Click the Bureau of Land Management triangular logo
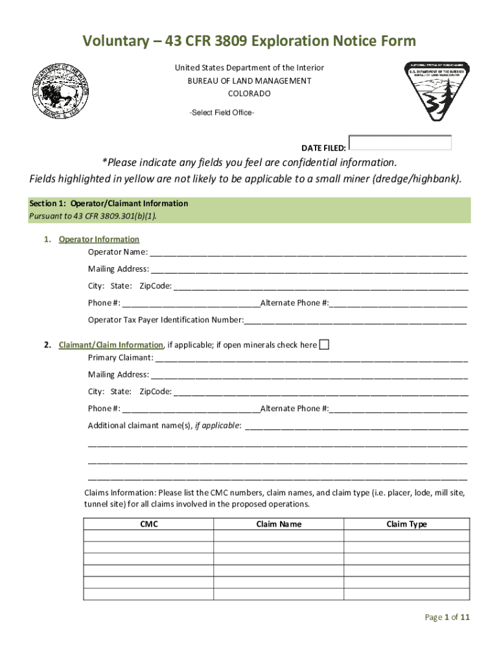coord(437,91)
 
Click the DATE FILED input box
coord(400,143)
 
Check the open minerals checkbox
coord(324,344)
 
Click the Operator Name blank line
coord(308,253)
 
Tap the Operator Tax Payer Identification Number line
coord(355,320)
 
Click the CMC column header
coord(148,524)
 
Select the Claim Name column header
coord(279,524)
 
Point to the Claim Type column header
coord(406,524)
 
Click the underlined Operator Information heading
coord(99,239)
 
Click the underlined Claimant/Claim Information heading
coord(111,345)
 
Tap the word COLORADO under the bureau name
coord(249,93)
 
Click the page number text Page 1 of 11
coord(447,617)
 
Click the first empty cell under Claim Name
coord(279,536)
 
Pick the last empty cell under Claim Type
coord(406,595)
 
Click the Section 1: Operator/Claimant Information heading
coord(109,204)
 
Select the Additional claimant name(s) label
coord(165,425)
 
